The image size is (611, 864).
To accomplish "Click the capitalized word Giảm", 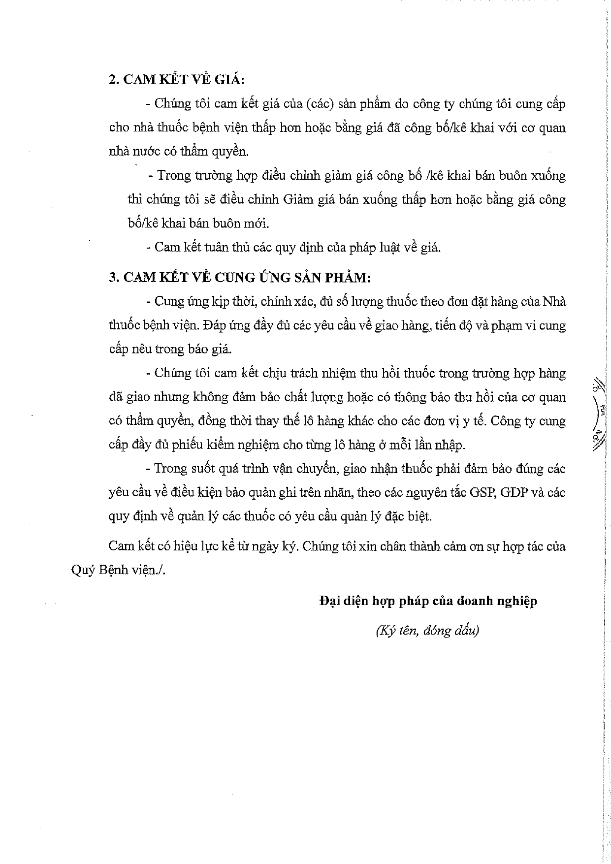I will pyautogui.click(x=299, y=200).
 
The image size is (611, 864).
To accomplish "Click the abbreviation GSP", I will pyautogui.click(x=479, y=492).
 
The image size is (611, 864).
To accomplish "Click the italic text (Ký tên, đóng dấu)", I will pyautogui.click(x=427, y=631).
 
